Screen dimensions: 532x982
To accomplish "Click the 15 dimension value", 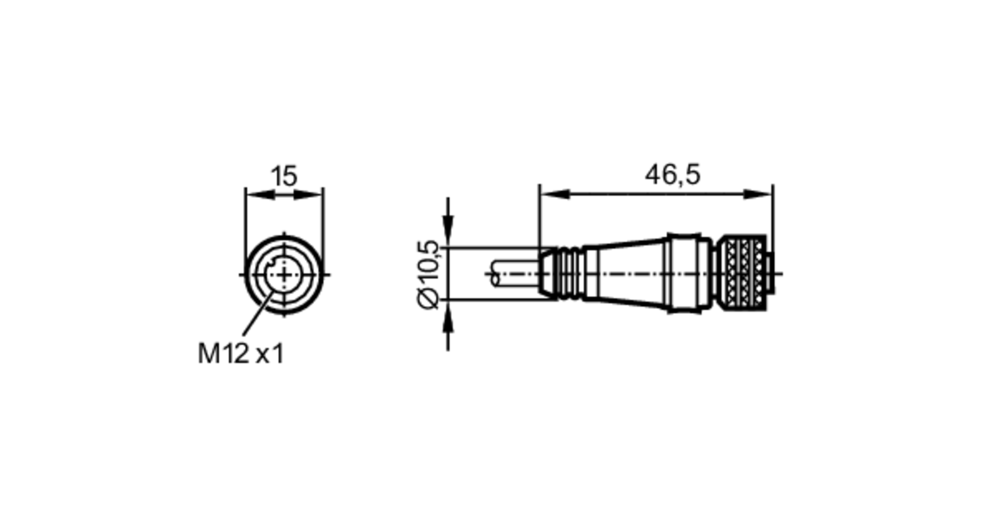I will click(284, 176).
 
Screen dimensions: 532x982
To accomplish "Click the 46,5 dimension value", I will click(672, 175).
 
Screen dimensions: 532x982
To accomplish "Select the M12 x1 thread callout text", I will click(241, 353).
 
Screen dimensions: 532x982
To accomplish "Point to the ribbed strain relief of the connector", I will click(565, 274).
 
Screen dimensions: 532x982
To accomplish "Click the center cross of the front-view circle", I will click(284, 275).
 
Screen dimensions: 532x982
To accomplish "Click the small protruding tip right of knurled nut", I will click(769, 274).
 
